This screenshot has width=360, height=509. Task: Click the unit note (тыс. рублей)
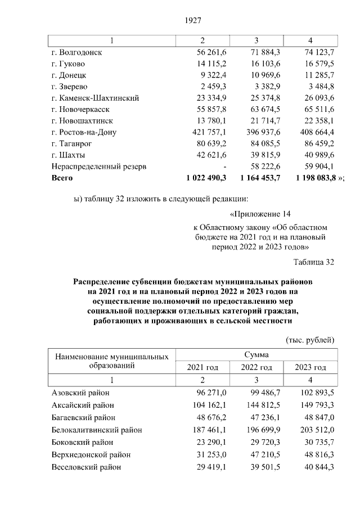tap(310, 340)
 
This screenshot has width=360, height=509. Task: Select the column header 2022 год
tap(256, 367)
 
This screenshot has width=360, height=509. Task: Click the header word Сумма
tap(256, 355)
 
